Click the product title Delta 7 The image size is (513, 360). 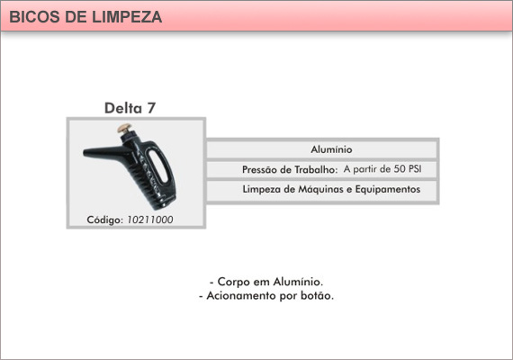click(130, 108)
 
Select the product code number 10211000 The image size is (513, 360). click(149, 220)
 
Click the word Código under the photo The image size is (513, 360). click(105, 220)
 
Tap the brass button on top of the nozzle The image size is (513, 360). click(125, 128)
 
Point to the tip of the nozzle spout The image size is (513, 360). click(84, 152)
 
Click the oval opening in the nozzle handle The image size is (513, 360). click(157, 166)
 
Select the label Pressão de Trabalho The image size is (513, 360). click(290, 169)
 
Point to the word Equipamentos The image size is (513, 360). click(388, 190)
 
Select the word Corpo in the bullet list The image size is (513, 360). click(234, 282)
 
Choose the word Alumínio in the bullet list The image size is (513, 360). click(298, 282)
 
